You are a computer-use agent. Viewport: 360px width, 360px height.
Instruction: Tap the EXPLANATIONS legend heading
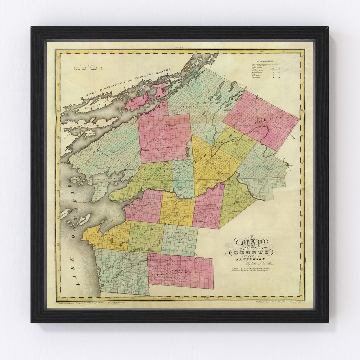262,61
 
